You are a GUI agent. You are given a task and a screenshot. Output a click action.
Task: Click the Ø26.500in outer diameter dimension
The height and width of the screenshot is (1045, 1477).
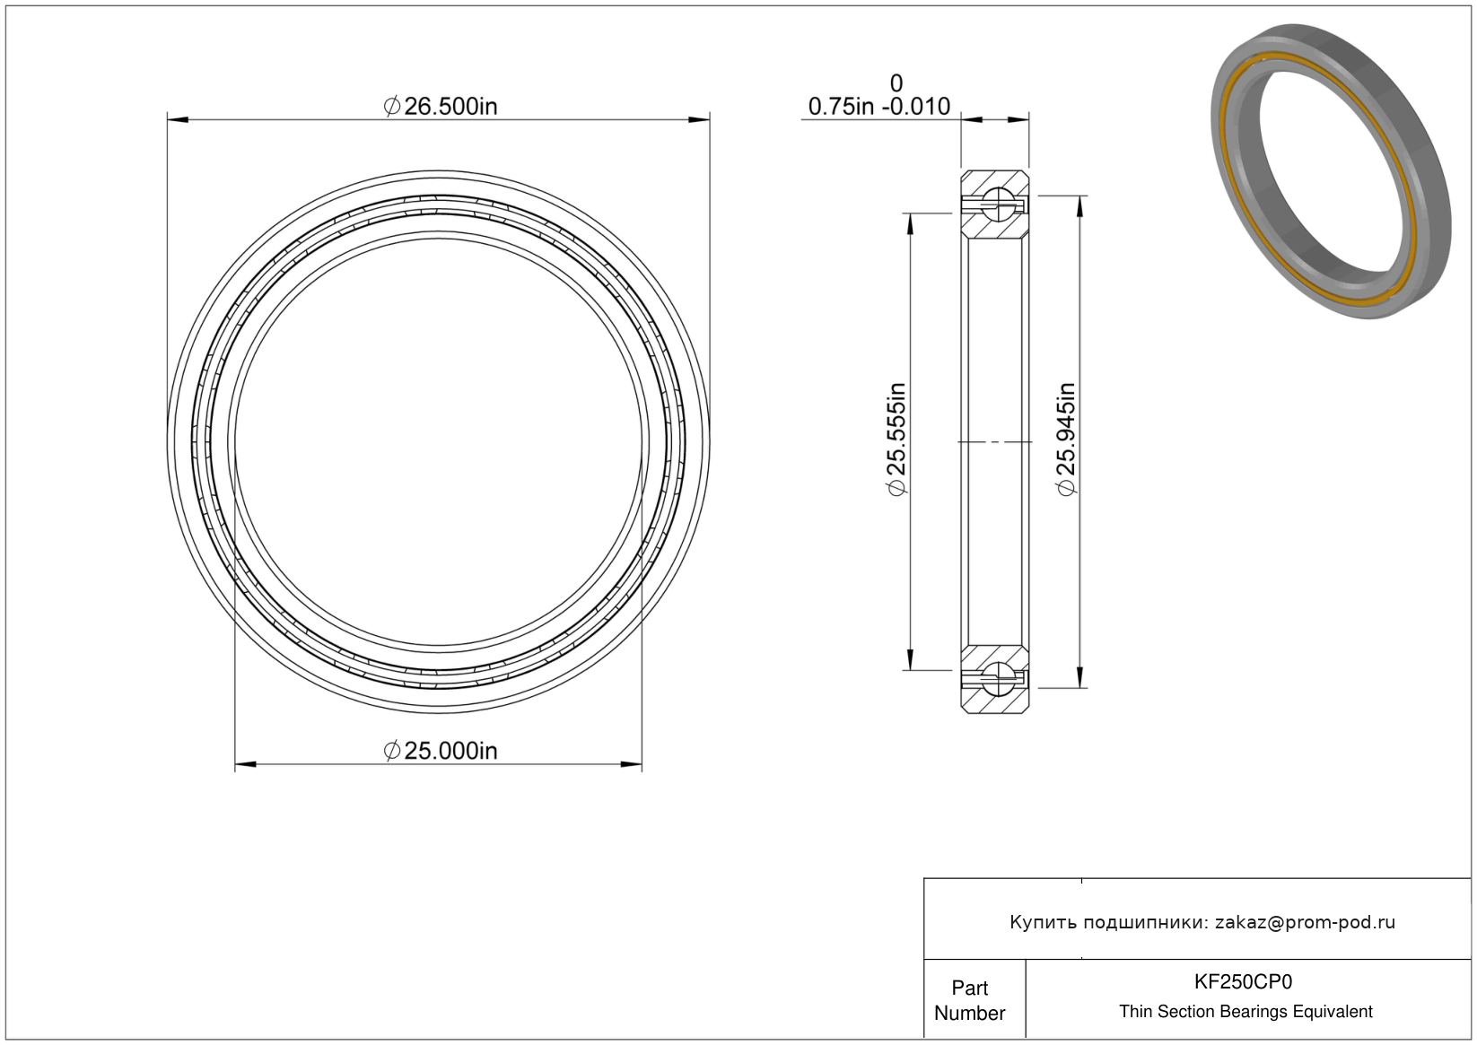click(x=441, y=106)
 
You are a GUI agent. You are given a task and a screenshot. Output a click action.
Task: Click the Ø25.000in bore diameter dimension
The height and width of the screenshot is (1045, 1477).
click(x=441, y=750)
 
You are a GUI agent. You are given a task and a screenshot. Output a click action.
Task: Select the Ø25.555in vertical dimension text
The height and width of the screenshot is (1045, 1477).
click(x=896, y=440)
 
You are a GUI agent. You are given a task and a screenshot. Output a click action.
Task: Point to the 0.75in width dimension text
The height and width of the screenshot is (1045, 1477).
click(x=841, y=106)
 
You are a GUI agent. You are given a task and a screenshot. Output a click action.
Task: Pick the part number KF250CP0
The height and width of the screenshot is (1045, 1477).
click(x=1244, y=982)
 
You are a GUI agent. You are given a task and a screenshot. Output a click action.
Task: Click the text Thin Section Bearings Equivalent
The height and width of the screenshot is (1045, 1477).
click(x=1245, y=1012)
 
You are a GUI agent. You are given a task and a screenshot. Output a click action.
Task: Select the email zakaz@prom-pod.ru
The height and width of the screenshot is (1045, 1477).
click(x=1305, y=922)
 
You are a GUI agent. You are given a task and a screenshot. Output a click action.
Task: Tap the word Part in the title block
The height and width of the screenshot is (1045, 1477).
click(x=969, y=988)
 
